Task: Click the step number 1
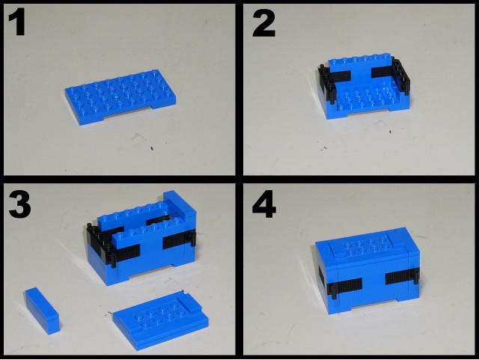17,22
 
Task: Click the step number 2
264,23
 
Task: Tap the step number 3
19,204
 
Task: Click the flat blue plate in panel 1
120,97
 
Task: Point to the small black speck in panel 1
152,149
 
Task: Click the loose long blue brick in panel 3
42,310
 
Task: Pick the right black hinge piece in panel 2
401,75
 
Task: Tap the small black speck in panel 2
390,132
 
